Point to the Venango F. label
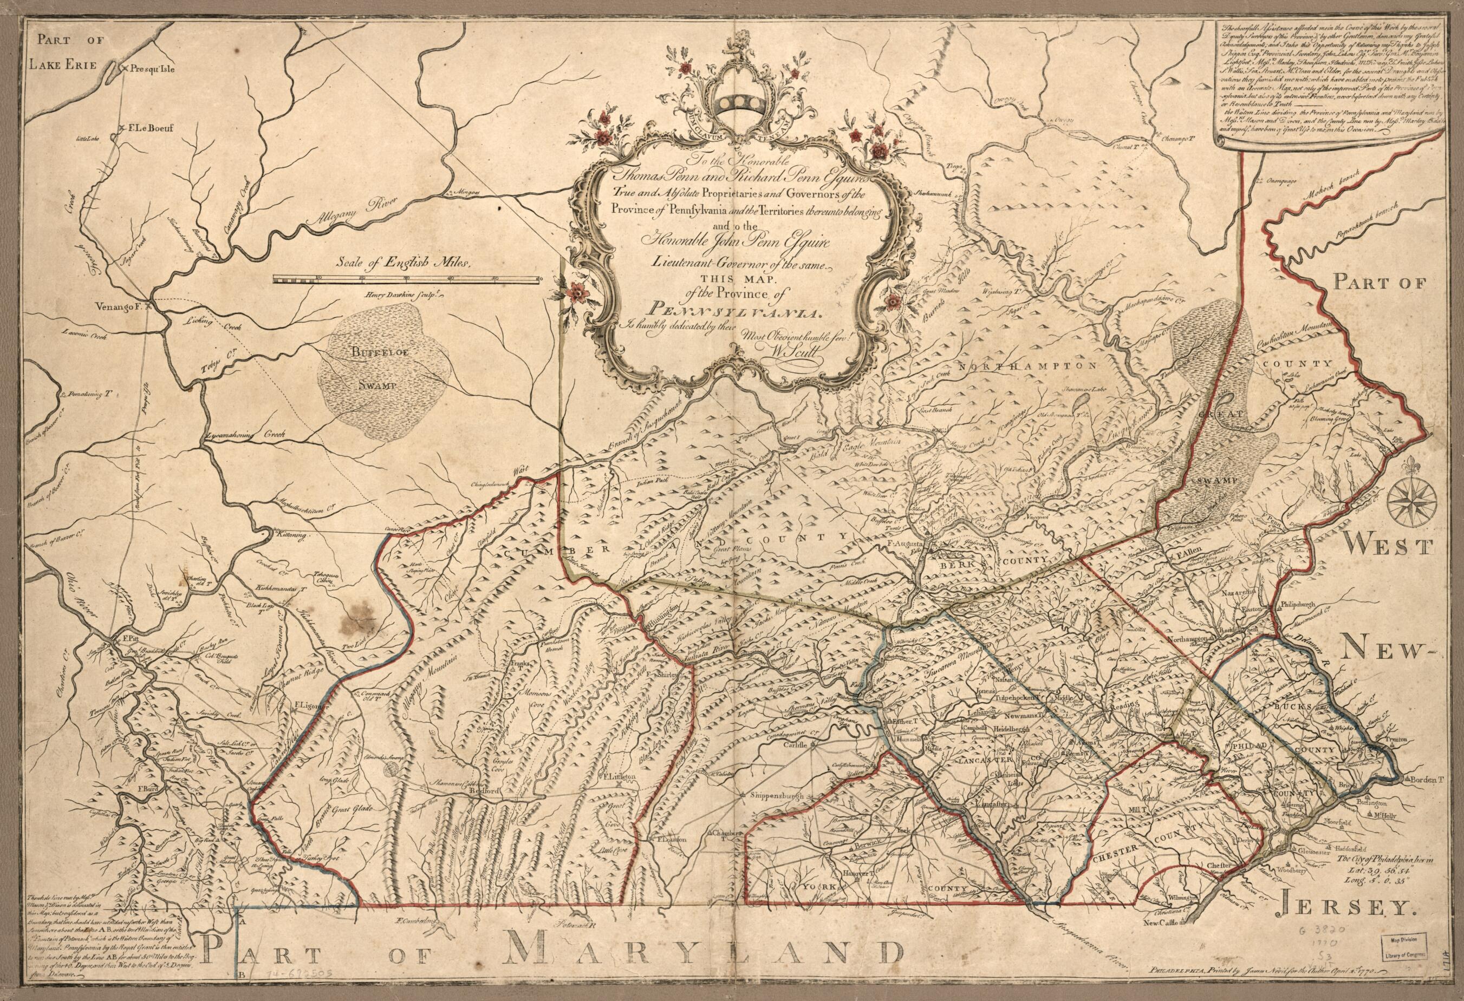click(127, 307)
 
